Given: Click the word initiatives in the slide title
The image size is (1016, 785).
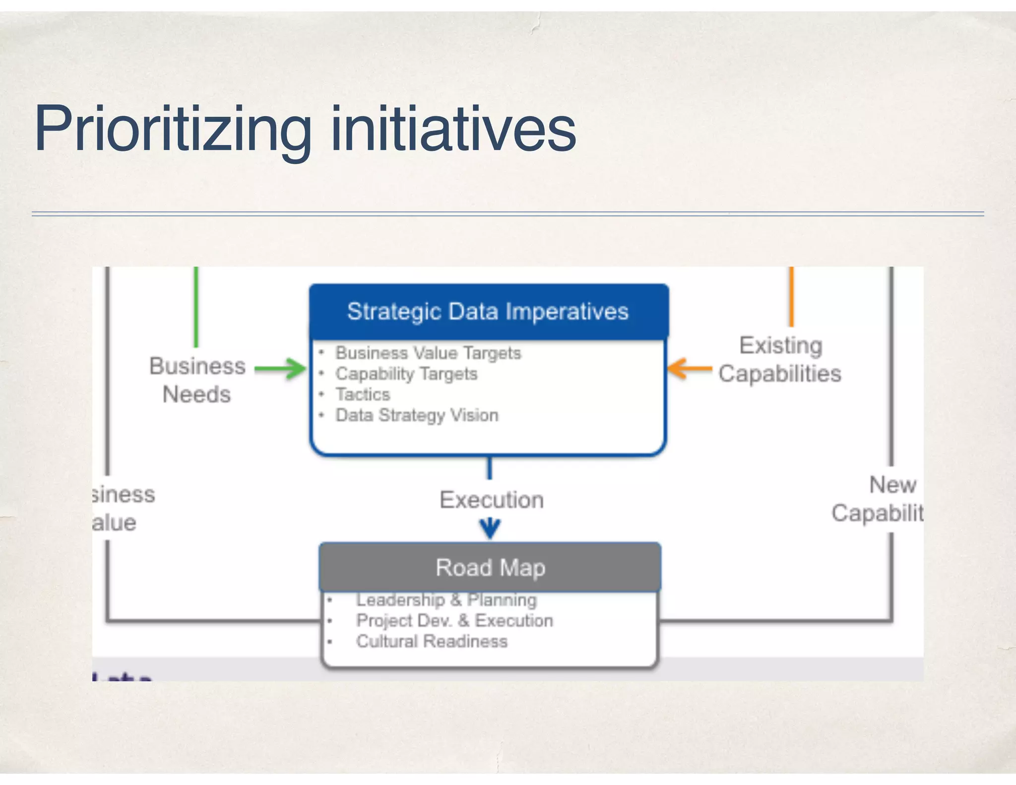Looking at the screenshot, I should (x=453, y=130).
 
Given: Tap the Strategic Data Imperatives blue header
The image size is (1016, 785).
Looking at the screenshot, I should (x=488, y=312).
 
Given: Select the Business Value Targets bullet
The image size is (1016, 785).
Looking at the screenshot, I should (x=428, y=353).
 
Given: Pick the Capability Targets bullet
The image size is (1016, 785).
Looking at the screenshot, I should (x=406, y=374).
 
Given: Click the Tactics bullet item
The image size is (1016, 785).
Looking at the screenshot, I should (x=363, y=394).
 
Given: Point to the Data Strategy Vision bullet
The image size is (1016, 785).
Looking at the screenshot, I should (x=417, y=415).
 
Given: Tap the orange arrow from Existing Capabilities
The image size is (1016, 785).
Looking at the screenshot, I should (x=690, y=369).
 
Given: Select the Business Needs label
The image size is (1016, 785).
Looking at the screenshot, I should (x=197, y=380).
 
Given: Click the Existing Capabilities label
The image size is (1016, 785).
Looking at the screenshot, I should (x=780, y=359).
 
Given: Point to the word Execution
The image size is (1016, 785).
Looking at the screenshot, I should (x=492, y=500).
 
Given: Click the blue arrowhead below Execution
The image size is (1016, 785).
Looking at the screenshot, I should (x=490, y=528).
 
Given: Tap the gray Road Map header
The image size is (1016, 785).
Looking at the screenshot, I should (x=490, y=567).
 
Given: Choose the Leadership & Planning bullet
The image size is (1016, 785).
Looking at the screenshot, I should (x=446, y=600).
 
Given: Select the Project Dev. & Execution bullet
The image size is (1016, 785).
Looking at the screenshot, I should (x=454, y=621).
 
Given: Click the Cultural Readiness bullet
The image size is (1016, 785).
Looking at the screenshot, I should (x=432, y=642).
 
